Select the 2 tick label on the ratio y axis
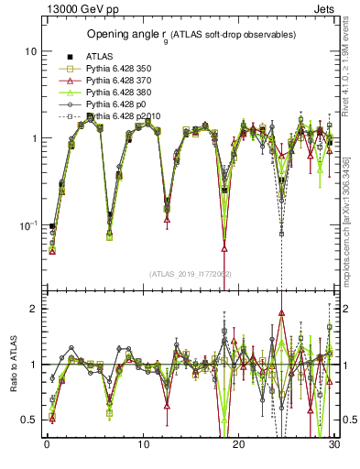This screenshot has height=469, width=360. [32, 309]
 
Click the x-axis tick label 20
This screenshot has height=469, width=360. [239, 446]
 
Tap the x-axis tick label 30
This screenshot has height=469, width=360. [335, 446]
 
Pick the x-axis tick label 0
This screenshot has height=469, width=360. [47, 446]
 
